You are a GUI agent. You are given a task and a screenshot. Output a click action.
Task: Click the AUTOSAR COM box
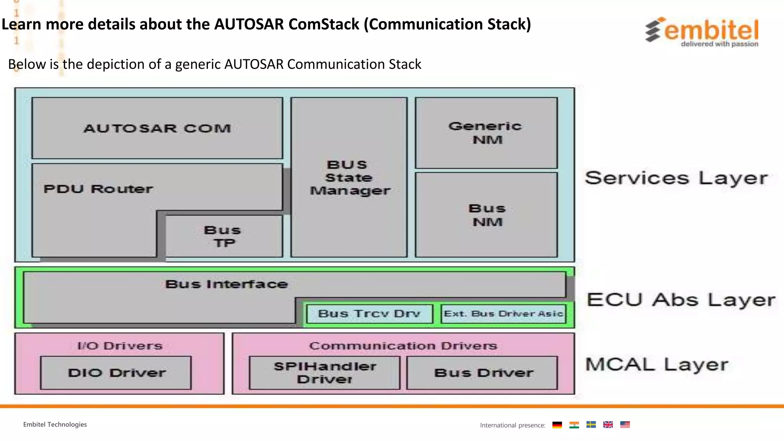coord(157,128)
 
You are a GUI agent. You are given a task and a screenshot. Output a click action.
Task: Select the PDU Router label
coord(98,189)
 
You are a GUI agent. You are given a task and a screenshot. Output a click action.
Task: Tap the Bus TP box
coord(224,236)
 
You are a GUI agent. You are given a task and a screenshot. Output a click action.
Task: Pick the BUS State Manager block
coord(349,177)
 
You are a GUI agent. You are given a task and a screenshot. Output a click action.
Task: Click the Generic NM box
coord(486,132)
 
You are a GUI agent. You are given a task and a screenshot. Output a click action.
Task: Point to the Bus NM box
coord(486,215)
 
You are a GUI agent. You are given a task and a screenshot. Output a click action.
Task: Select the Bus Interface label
coord(226,284)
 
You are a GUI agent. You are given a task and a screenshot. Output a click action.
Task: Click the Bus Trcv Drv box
coord(369,314)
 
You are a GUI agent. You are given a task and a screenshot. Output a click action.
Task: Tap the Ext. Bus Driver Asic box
coord(503,314)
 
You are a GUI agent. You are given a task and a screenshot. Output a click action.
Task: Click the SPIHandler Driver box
coord(325,372)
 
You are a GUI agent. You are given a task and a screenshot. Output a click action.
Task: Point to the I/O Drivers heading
coord(119,346)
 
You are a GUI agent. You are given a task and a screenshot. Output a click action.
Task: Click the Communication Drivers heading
coord(403,346)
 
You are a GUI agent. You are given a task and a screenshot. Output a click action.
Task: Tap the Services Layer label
coord(676,178)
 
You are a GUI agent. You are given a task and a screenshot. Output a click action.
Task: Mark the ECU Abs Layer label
coord(681,300)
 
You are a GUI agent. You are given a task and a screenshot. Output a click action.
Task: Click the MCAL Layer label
coord(657,364)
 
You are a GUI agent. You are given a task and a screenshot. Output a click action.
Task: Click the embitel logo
coord(702,32)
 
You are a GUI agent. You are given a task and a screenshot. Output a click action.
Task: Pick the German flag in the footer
coord(557,425)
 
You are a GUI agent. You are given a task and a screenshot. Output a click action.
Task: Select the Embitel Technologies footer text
coord(55,425)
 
